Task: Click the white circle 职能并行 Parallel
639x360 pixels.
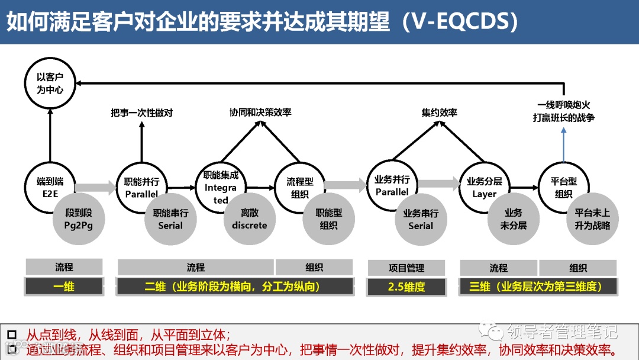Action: (141, 187)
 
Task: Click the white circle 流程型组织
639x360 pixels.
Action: (300, 187)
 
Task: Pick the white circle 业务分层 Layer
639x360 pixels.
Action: (484, 187)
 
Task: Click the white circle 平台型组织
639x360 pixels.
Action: (563, 187)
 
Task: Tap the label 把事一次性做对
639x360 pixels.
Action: (142, 112)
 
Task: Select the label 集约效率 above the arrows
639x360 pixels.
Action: (439, 112)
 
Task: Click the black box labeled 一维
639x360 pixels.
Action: (64, 287)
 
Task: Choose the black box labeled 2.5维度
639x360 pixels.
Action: (406, 287)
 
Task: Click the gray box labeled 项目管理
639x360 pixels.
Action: (406, 268)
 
